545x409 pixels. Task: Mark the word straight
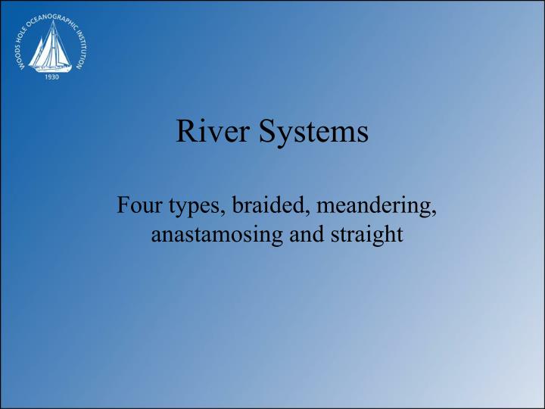point(363,236)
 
